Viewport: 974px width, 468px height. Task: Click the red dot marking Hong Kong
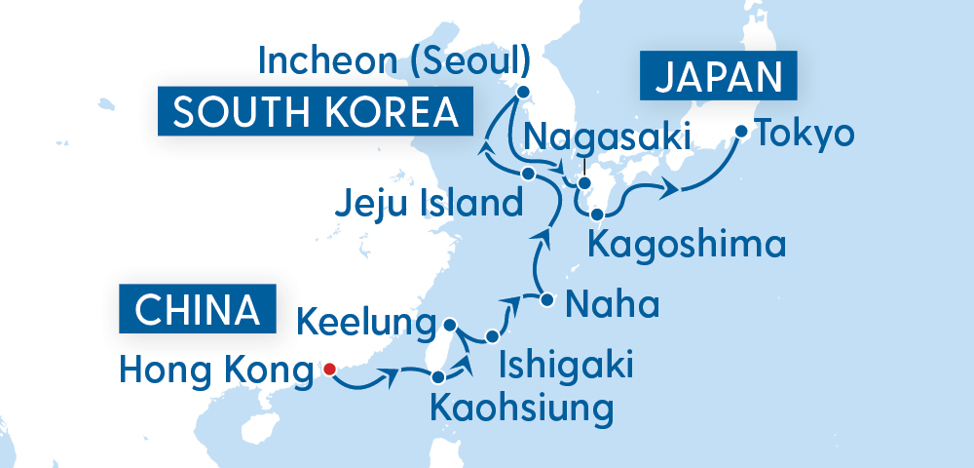[x=329, y=369]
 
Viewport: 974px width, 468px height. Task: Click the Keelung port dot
[x=449, y=324]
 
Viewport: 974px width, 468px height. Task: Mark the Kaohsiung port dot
[x=438, y=376]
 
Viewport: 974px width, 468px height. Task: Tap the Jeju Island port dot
[x=528, y=174]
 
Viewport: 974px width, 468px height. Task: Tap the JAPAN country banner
[x=719, y=77]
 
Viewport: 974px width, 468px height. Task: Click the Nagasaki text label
[x=607, y=136]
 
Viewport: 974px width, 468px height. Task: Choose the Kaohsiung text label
[x=521, y=407]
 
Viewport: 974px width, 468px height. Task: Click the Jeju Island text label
[x=426, y=206]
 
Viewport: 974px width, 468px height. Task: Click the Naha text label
[x=612, y=304]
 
